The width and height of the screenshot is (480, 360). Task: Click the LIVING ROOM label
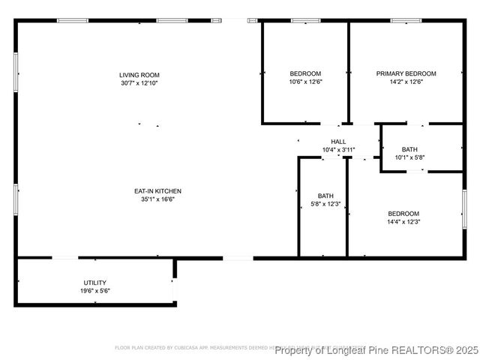tap(139, 75)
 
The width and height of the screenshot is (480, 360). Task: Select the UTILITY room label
tap(95, 283)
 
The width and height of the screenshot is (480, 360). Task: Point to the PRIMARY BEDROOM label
tap(406, 73)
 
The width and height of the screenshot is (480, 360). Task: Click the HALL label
tap(338, 142)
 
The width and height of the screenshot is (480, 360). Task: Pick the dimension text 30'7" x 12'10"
tap(139, 82)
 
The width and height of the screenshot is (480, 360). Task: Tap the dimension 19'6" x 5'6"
tap(95, 291)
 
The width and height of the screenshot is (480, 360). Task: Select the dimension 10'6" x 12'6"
tap(305, 82)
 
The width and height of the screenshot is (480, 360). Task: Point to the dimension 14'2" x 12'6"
tap(406, 82)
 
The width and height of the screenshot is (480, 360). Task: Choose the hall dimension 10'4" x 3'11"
tap(338, 150)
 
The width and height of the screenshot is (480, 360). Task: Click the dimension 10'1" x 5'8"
tap(410, 157)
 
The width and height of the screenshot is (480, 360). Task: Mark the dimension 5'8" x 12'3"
tap(325, 204)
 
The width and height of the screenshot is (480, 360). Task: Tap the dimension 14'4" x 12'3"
tap(403, 222)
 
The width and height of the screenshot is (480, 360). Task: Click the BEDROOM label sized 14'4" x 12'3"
tap(403, 214)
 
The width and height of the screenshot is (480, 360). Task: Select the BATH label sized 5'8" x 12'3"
tap(325, 196)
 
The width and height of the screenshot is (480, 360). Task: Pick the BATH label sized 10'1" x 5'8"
tap(410, 149)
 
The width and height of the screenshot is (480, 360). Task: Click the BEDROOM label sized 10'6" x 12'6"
tap(305, 73)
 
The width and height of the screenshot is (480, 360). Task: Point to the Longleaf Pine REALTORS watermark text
tap(376, 350)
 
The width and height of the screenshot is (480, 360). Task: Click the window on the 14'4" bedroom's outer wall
tap(463, 209)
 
